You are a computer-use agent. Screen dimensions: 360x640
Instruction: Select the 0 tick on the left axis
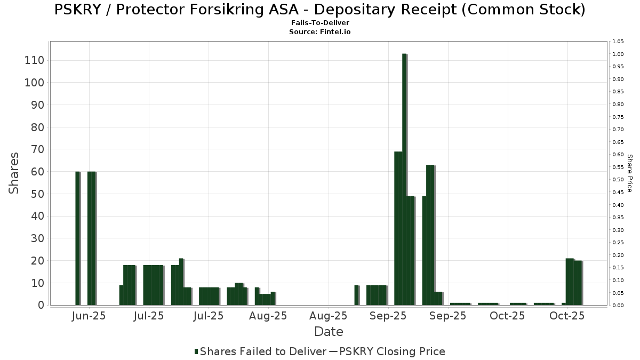click(x=41, y=305)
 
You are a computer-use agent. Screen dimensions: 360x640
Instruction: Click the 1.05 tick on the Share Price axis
click(x=618, y=42)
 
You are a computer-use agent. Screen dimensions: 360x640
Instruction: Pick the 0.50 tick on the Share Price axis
click(x=618, y=180)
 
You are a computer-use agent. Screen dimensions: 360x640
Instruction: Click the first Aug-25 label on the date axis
click(x=269, y=316)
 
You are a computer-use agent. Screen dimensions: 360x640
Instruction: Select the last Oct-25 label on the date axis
click(x=567, y=316)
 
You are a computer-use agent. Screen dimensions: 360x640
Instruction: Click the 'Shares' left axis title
click(x=14, y=173)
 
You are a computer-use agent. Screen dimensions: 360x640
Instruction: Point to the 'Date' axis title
click(x=329, y=332)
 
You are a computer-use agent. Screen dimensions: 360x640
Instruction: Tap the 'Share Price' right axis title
click(x=629, y=173)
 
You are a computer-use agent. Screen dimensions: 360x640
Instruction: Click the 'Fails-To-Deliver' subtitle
click(x=320, y=23)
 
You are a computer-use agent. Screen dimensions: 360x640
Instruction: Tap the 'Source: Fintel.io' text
click(x=320, y=32)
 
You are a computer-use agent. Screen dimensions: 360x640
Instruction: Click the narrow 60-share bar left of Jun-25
click(x=77, y=238)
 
